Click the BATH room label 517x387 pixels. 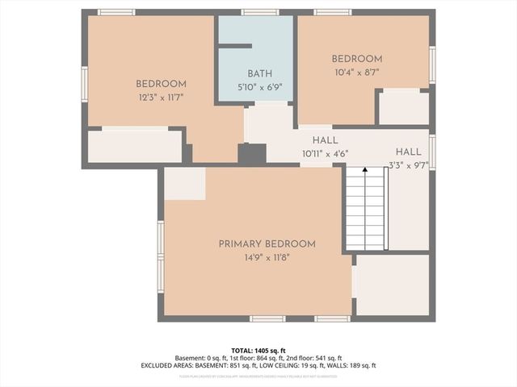click(x=259, y=73)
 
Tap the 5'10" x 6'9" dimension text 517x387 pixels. click(x=259, y=86)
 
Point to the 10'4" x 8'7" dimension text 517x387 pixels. click(x=356, y=72)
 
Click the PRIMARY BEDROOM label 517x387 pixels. click(x=267, y=243)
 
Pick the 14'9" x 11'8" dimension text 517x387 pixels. click(x=267, y=257)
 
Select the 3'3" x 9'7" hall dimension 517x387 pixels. click(x=408, y=164)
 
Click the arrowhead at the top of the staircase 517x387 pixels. click(x=365, y=170)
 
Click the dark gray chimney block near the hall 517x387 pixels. click(x=252, y=155)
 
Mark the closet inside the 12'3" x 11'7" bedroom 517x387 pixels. click(x=134, y=146)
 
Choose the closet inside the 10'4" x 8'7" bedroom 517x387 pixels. click(x=403, y=108)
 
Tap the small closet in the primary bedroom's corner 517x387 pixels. click(x=184, y=184)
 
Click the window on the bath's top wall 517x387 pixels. click(x=259, y=12)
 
